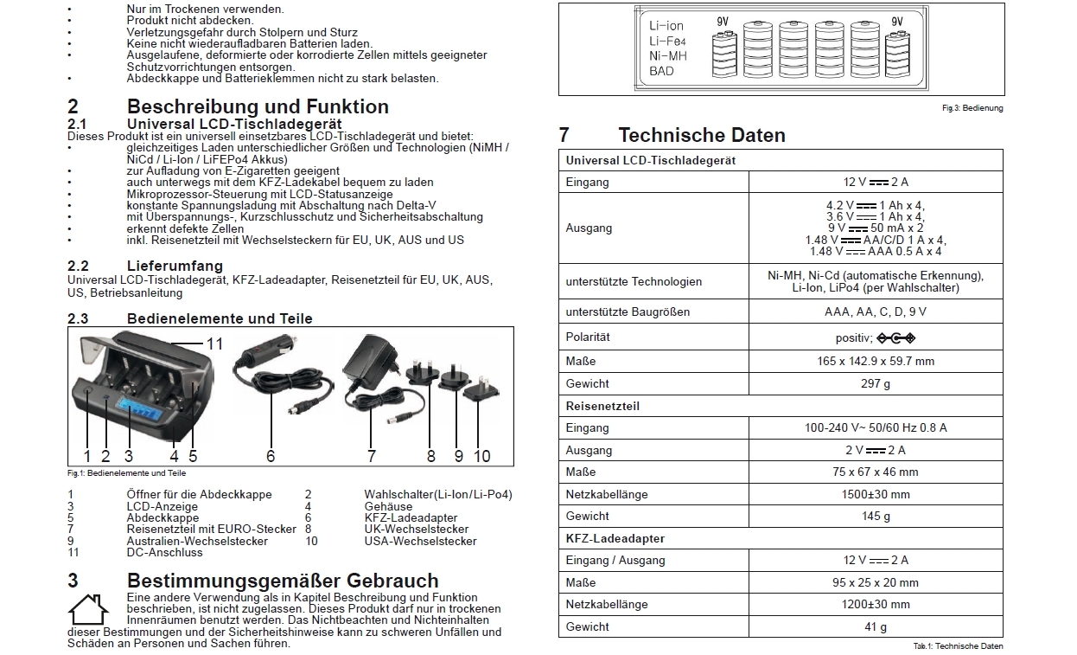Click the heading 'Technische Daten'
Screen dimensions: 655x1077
pyautogui.click(x=701, y=135)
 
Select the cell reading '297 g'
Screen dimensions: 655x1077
pyautogui.click(x=875, y=383)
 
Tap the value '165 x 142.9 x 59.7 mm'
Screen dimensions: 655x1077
pyautogui.click(x=875, y=361)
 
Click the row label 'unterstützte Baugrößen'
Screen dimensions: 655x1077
pyautogui.click(x=628, y=311)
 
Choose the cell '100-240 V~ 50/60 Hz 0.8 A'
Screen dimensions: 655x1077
pyautogui.click(x=875, y=427)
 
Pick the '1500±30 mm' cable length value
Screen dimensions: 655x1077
pyautogui.click(x=875, y=494)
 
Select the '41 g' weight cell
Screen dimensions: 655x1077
pyautogui.click(x=875, y=626)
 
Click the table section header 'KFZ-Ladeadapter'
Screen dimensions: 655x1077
pyautogui.click(x=615, y=538)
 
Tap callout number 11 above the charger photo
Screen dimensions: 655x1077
pyautogui.click(x=214, y=344)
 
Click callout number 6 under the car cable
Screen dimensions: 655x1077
pyautogui.click(x=271, y=456)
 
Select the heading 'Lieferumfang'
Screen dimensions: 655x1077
pyautogui.click(x=175, y=266)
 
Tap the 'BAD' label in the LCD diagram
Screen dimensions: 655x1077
pyautogui.click(x=661, y=71)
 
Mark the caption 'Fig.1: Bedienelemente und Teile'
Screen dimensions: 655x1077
pyautogui.click(x=126, y=473)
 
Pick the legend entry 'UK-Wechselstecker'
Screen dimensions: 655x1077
pyautogui.click(x=416, y=529)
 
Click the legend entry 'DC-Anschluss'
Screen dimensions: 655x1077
pyautogui.click(x=164, y=552)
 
